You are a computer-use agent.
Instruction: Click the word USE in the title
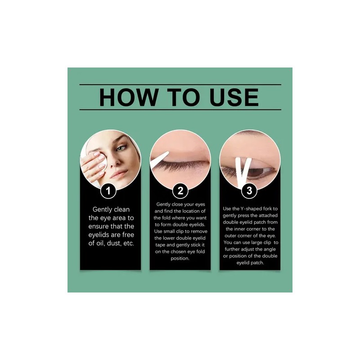234,97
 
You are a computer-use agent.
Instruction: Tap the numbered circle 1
108,191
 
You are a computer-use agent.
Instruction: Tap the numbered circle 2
180,191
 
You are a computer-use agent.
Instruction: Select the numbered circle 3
249,191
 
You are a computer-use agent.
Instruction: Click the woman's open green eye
121,148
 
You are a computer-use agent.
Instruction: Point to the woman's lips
118,174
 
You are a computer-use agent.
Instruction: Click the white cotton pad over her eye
103,161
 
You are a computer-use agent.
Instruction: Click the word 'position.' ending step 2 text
180,258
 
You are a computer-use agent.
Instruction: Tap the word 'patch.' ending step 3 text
256,263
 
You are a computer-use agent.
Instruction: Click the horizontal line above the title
180,85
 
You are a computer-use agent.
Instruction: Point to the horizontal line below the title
180,110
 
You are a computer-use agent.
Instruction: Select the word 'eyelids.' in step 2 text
196,225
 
